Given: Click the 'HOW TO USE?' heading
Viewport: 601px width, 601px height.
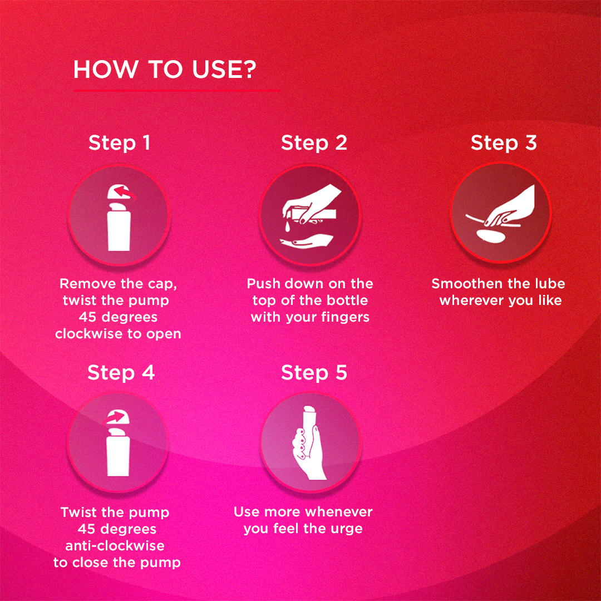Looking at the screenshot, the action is (164, 70).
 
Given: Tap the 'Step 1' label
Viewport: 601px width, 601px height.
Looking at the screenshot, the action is (119, 143).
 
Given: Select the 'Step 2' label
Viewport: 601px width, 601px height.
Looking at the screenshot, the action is (314, 143).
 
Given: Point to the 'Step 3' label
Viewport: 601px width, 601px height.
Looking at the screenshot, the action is (504, 143).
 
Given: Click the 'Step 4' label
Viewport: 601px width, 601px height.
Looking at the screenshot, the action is (121, 372).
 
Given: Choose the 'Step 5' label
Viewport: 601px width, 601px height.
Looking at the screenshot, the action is (314, 372).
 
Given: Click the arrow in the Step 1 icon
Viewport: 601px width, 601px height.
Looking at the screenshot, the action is (126, 193).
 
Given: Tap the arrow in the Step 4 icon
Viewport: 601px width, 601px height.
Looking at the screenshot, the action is (116, 417).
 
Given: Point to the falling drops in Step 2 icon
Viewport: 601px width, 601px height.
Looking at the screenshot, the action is (286, 225).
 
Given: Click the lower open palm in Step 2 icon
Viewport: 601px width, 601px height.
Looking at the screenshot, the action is (306, 241).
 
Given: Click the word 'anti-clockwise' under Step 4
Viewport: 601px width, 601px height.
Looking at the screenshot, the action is (115, 546).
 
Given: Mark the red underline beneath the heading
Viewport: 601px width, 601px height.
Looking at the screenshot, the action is (176, 91).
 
